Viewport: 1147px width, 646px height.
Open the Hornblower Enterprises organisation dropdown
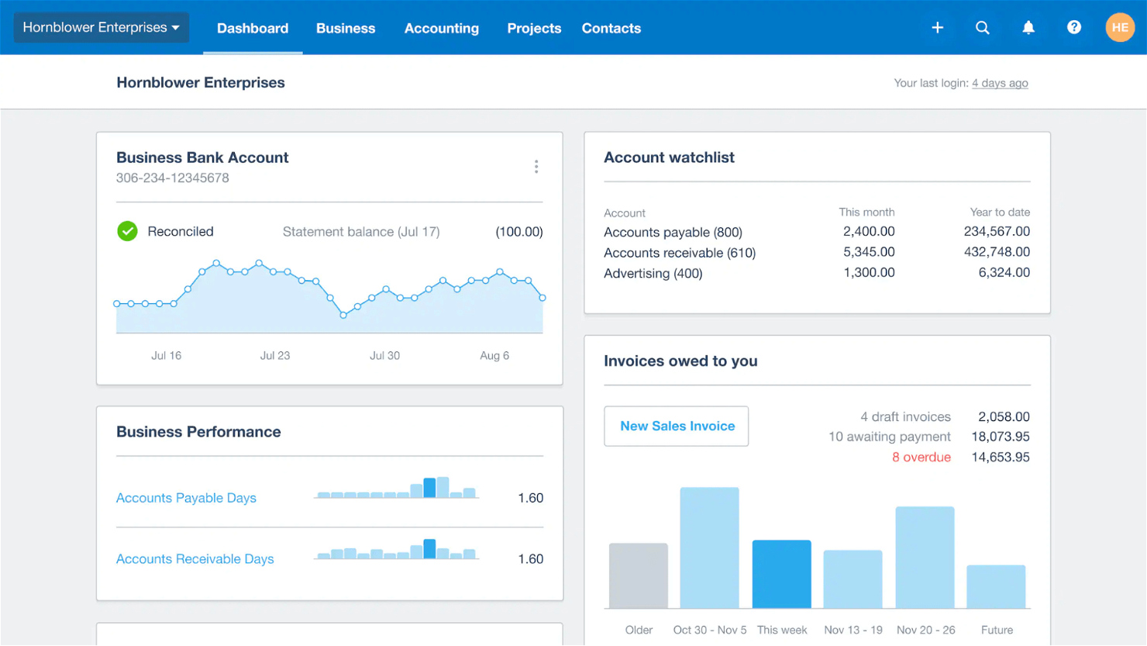pos(101,28)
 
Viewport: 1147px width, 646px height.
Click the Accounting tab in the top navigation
pos(441,29)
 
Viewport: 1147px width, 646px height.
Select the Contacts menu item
pos(611,29)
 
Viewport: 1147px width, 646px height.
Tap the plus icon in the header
pos(937,28)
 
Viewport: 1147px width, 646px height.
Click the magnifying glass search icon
pos(982,28)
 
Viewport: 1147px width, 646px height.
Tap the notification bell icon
pos(1028,28)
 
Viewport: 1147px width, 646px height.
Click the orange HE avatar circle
pos(1119,28)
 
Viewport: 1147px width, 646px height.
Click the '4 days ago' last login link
pos(999,83)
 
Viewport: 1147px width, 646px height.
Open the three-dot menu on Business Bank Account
pos(536,167)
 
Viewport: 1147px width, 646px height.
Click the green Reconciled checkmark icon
pos(127,231)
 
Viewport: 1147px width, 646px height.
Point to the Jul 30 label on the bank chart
pos(384,355)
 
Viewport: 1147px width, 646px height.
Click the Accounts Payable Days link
pos(186,498)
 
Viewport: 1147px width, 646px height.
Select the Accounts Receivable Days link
pos(195,559)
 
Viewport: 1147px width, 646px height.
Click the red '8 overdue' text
pos(921,458)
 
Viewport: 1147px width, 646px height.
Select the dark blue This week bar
pos(781,574)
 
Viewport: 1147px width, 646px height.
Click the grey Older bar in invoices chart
pos(638,575)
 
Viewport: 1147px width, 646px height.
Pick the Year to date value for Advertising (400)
pos(1004,273)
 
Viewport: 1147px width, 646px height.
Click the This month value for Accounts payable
pos(868,232)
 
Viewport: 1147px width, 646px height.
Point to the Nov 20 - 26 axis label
pos(925,630)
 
